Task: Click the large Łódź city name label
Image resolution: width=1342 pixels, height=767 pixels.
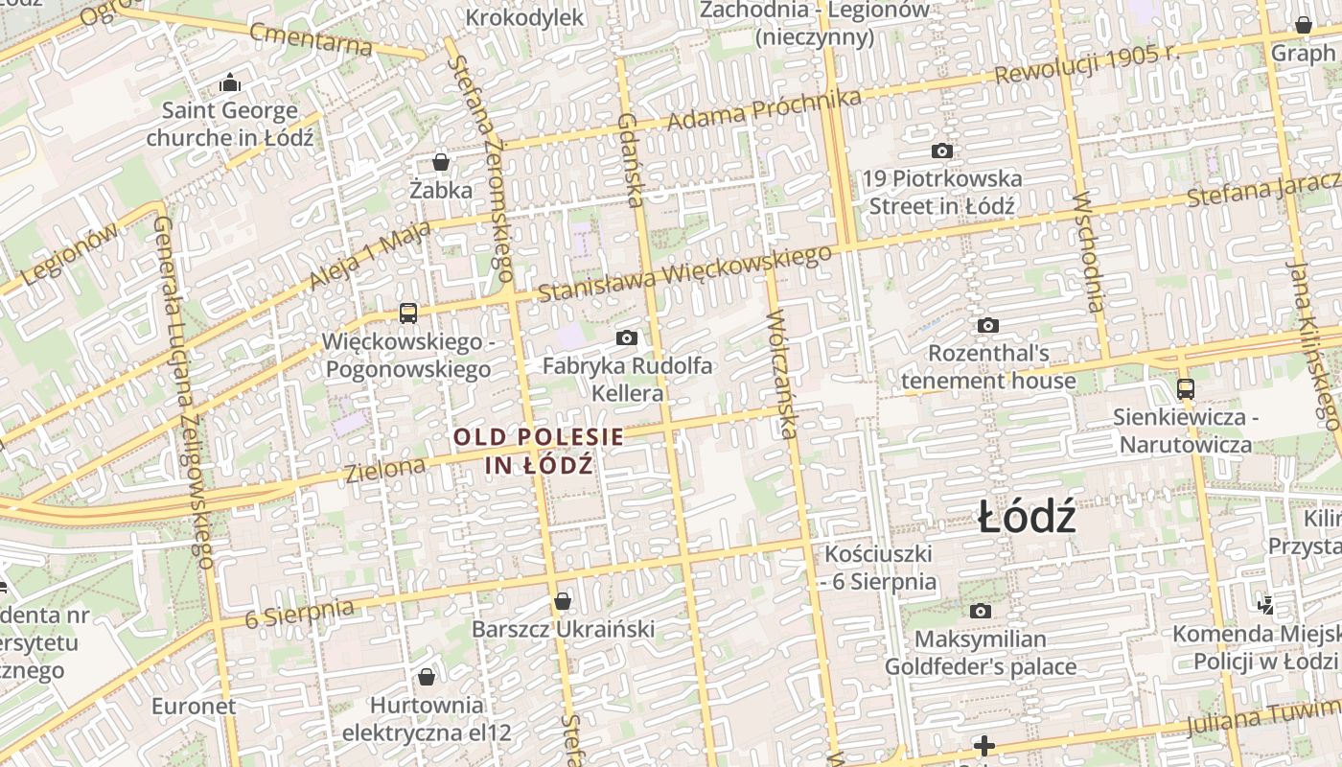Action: click(x=1028, y=519)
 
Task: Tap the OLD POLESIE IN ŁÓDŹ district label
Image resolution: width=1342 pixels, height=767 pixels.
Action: click(x=538, y=451)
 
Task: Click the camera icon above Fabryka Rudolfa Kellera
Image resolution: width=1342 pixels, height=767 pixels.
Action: click(x=627, y=337)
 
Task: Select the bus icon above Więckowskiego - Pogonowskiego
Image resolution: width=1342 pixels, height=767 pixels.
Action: click(x=408, y=313)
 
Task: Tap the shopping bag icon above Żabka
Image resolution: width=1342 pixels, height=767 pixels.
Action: click(x=441, y=161)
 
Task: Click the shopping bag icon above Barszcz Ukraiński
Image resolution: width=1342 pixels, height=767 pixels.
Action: click(x=563, y=601)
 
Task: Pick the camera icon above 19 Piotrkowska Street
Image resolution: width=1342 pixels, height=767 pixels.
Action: click(x=942, y=151)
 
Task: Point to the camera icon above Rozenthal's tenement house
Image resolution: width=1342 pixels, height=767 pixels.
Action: click(x=988, y=325)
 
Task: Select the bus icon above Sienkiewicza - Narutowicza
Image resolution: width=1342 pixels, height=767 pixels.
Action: click(x=1186, y=388)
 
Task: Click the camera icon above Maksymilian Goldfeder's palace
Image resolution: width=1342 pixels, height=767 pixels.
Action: click(x=980, y=611)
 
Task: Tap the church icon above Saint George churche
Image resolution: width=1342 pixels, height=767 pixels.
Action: click(x=230, y=83)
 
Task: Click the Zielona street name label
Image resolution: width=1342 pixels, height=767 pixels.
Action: click(x=385, y=470)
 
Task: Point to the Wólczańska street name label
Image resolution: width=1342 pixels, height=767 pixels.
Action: click(x=782, y=373)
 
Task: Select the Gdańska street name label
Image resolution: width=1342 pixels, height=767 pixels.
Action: click(x=630, y=160)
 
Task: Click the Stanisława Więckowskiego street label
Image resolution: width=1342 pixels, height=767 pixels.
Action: click(x=684, y=272)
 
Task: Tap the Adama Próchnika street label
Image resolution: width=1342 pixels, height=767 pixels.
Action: click(x=764, y=110)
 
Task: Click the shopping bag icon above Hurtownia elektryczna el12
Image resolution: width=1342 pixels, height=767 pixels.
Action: click(x=427, y=677)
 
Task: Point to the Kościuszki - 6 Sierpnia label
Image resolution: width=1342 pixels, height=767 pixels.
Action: click(x=879, y=567)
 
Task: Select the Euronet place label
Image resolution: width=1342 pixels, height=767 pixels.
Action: click(x=194, y=707)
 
